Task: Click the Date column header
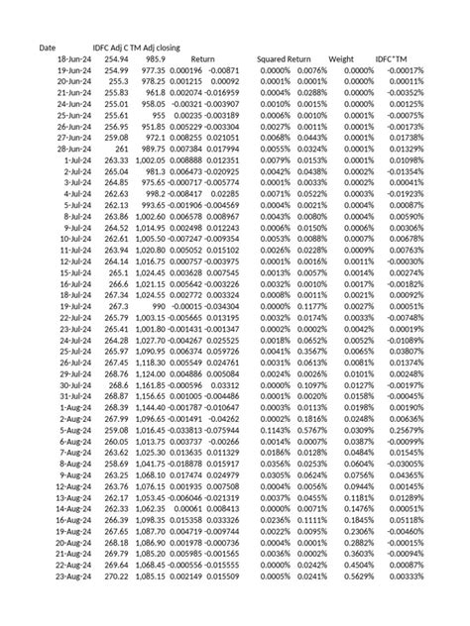[47, 48]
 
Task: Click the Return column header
[203, 59]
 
